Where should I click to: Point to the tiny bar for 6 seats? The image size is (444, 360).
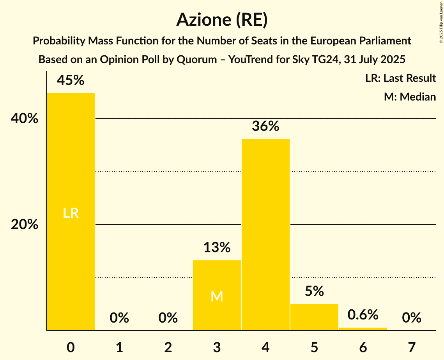point(363,329)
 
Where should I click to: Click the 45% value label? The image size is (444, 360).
point(71,80)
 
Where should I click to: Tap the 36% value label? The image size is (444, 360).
point(265,126)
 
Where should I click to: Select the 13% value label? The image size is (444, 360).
point(217,247)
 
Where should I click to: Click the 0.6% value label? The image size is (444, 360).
point(363,315)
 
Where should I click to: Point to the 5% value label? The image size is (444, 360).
point(314,291)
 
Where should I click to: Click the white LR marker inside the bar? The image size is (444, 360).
point(71,213)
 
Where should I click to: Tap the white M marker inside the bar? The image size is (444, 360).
point(217,296)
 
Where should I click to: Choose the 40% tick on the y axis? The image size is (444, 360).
point(25,118)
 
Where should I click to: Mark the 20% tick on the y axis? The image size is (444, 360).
point(25,225)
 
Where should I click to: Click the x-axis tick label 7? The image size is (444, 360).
point(412,347)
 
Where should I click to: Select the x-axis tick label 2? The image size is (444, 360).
point(168,347)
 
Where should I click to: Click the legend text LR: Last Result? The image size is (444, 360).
point(400,78)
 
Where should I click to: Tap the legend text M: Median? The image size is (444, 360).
point(410,97)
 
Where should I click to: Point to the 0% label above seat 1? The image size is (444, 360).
point(119,318)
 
